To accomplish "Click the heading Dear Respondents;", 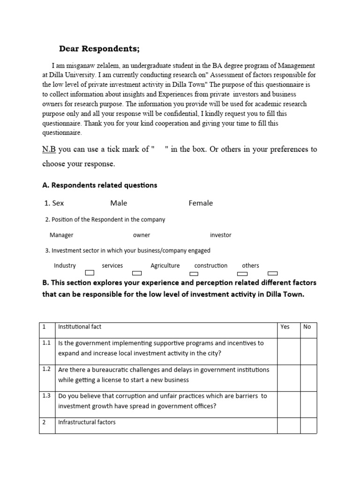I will [x=99, y=49].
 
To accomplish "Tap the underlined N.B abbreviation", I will [x=49, y=150].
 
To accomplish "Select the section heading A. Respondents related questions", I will [x=100, y=185].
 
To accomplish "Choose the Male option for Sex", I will [x=119, y=203].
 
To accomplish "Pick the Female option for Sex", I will [x=201, y=203].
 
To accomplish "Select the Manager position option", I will [x=61, y=235].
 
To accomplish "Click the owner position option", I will [x=142, y=235].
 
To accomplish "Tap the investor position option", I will [x=221, y=235].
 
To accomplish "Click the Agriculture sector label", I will [x=165, y=265].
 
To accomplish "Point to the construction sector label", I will [x=211, y=265].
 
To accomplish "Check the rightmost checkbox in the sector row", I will [x=272, y=273].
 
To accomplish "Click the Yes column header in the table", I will [x=285, y=327].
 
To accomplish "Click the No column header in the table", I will [x=307, y=327].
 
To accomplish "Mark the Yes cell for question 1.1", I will [x=288, y=350].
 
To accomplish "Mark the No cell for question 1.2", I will [x=308, y=376].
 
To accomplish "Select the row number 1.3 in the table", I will [x=47, y=396].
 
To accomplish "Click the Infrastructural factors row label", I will [x=87, y=422].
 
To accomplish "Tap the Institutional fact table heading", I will [x=80, y=327].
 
